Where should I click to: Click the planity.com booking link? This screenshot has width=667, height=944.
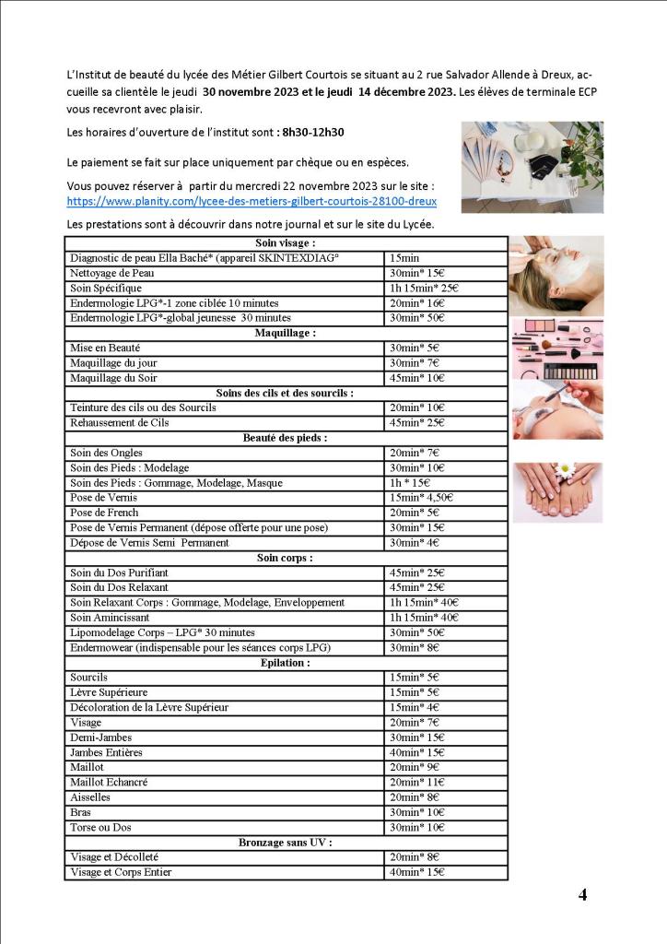tap(252, 201)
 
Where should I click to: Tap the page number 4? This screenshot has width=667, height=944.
tap(582, 894)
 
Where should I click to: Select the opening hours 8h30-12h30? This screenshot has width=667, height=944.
tap(313, 133)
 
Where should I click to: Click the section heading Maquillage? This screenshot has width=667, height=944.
tap(285, 333)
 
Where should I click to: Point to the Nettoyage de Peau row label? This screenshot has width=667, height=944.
tap(111, 273)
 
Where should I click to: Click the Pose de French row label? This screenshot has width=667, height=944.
tap(104, 513)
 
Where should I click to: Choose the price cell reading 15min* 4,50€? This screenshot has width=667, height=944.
tap(421, 498)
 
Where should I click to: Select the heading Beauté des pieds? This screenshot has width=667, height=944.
tap(285, 438)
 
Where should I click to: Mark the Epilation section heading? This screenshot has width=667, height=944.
tap(285, 663)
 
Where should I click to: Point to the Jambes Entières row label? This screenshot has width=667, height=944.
tap(106, 752)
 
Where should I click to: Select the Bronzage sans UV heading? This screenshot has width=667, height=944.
tap(285, 843)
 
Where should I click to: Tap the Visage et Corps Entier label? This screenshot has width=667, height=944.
tap(121, 872)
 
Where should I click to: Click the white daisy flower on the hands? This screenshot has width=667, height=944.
tap(564, 471)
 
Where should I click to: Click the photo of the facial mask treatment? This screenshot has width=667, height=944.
tap(556, 276)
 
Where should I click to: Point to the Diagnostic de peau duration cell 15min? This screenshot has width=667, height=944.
tap(404, 258)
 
